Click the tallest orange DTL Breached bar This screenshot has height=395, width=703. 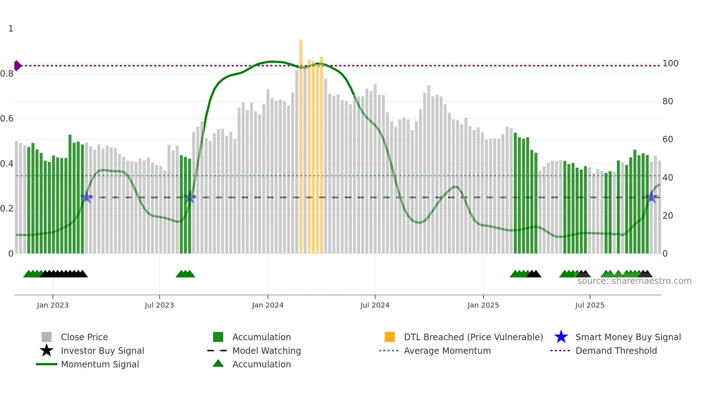click(301, 143)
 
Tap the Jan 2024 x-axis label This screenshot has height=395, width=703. click(268, 305)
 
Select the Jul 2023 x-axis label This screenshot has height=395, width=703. click(159, 305)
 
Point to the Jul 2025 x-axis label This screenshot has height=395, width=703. click(590, 305)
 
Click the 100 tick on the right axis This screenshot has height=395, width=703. click(670, 63)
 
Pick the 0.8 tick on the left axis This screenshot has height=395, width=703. click(7, 74)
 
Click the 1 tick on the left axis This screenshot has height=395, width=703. click(11, 29)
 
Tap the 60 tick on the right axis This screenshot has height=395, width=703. click(667, 139)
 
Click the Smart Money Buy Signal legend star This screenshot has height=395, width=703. click(561, 337)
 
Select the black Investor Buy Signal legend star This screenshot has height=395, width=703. click(47, 351)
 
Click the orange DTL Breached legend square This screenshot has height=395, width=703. click(390, 337)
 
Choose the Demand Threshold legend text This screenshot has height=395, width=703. click(616, 351)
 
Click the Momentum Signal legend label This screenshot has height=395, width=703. click(100, 364)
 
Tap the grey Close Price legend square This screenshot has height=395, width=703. click(47, 337)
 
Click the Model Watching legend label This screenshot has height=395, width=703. click(266, 351)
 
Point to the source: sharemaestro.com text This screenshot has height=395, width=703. click(634, 281)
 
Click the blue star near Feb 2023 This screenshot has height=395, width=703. click(86, 197)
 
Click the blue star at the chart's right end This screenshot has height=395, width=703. click(652, 197)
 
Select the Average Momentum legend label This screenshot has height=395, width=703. click(447, 351)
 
